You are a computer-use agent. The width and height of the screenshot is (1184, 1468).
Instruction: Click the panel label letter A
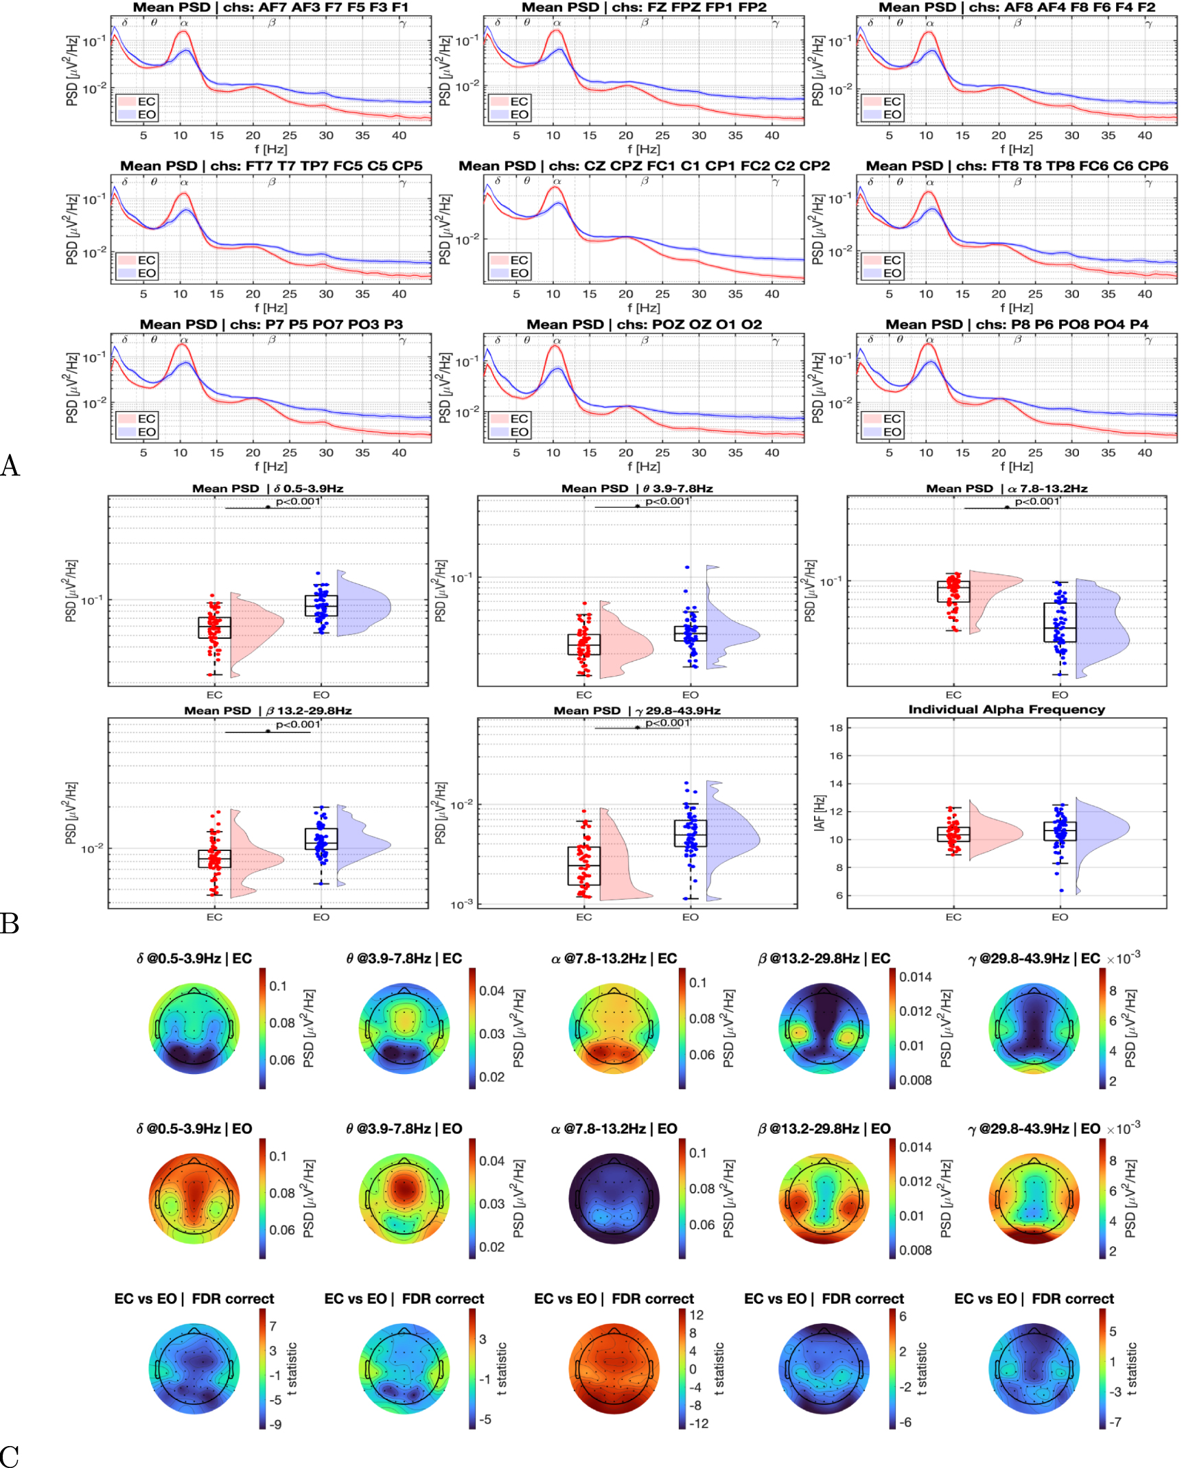click(x=10, y=466)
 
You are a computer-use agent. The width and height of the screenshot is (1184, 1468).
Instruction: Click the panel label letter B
click(x=10, y=924)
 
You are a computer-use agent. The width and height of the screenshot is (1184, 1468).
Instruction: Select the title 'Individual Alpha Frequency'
click(x=1006, y=710)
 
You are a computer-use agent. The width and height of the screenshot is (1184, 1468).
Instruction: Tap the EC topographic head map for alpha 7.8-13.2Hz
click(x=614, y=1029)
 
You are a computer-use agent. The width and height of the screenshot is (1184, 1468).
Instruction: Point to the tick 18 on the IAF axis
click(x=835, y=727)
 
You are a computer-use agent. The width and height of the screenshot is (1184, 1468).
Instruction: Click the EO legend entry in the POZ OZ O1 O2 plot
click(x=518, y=432)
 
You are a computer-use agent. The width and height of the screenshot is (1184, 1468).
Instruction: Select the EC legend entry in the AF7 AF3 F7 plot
click(x=146, y=102)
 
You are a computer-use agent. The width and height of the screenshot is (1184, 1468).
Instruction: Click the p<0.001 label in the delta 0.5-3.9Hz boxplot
click(x=298, y=502)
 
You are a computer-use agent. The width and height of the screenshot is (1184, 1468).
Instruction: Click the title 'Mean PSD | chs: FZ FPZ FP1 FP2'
click(x=644, y=8)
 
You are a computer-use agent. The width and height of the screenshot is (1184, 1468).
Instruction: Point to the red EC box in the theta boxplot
click(x=584, y=644)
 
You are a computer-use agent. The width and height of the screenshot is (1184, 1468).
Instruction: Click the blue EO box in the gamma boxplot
click(x=690, y=832)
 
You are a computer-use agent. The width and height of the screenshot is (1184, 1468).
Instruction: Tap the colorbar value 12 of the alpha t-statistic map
click(x=696, y=1315)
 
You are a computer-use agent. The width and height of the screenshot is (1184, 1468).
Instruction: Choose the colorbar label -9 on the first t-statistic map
click(x=275, y=1424)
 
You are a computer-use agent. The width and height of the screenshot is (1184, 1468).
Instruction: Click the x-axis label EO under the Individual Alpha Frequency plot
click(x=1060, y=917)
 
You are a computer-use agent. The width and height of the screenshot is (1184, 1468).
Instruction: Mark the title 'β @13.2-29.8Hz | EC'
click(x=824, y=958)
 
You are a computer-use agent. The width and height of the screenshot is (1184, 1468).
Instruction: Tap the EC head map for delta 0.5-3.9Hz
click(x=194, y=1029)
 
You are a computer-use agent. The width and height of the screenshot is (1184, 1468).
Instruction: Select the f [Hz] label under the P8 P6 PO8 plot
click(x=1016, y=466)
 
